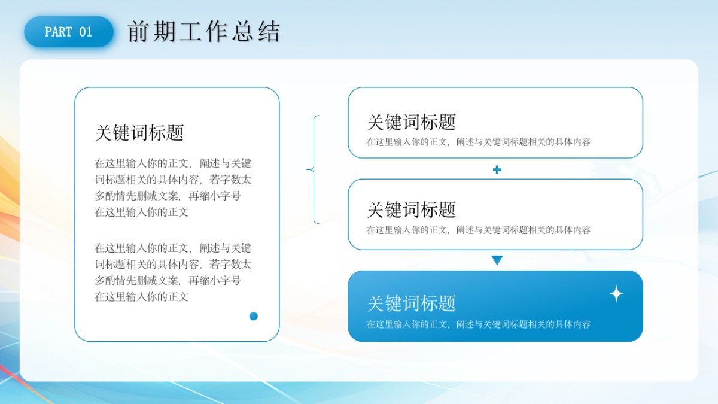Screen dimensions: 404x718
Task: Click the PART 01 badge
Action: (69, 32)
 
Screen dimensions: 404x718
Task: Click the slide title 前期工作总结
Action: (203, 32)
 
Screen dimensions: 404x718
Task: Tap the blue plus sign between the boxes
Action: (497, 170)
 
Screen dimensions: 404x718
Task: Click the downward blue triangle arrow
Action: (497, 260)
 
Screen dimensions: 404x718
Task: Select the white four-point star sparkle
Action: (616, 294)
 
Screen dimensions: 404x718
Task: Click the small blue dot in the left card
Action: (254, 316)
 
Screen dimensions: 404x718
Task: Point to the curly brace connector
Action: (314, 170)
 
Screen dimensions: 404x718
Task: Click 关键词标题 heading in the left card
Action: (139, 133)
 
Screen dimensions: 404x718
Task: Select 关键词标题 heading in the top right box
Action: (412, 122)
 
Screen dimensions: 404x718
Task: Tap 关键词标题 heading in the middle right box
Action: (412, 209)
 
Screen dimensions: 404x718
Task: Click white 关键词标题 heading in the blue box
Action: (412, 303)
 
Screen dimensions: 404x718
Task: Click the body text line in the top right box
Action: (479, 142)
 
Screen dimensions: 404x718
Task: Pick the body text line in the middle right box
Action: (479, 230)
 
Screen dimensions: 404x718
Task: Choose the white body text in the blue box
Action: (479, 324)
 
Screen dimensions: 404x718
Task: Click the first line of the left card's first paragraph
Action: (173, 163)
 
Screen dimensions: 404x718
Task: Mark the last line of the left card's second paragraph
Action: (142, 297)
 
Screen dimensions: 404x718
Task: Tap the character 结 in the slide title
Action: (270, 32)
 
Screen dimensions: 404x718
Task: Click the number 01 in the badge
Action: (86, 32)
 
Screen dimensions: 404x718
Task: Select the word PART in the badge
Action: (59, 32)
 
